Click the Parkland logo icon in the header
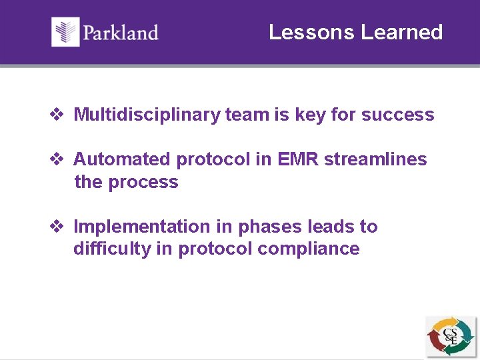(x=65, y=32)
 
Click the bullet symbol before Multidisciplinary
(x=57, y=115)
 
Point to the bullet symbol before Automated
(x=57, y=159)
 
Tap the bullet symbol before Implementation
(x=57, y=227)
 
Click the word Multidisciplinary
(x=147, y=115)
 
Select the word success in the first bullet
(x=397, y=115)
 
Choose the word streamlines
(x=375, y=159)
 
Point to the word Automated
(x=122, y=159)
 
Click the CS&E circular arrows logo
(x=451, y=336)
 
